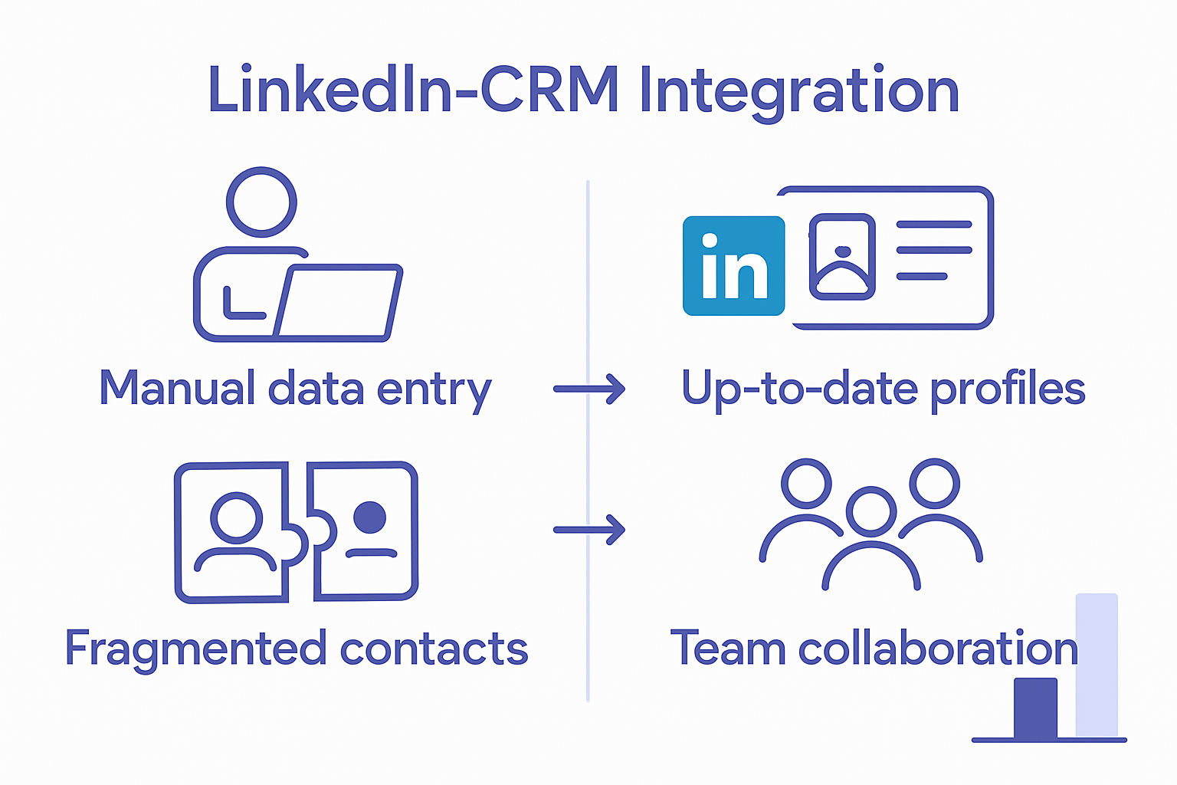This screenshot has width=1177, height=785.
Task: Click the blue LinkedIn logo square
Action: pos(733,266)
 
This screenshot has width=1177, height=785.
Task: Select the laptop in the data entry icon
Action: pos(337,301)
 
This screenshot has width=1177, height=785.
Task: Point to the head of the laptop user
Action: pos(261,202)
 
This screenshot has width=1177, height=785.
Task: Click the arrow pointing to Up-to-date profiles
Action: pos(588,389)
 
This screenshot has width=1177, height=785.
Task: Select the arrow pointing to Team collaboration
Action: pos(588,529)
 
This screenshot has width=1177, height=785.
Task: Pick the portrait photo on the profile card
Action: pos(842,257)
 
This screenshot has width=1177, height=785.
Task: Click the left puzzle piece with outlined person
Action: pos(234,532)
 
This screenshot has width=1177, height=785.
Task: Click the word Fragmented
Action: pos(196,649)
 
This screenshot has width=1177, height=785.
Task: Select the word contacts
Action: pos(434,649)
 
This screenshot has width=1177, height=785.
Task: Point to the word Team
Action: pos(728,649)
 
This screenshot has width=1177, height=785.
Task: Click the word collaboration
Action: pos(938,649)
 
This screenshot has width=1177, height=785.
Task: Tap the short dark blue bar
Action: pos(1035,708)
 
